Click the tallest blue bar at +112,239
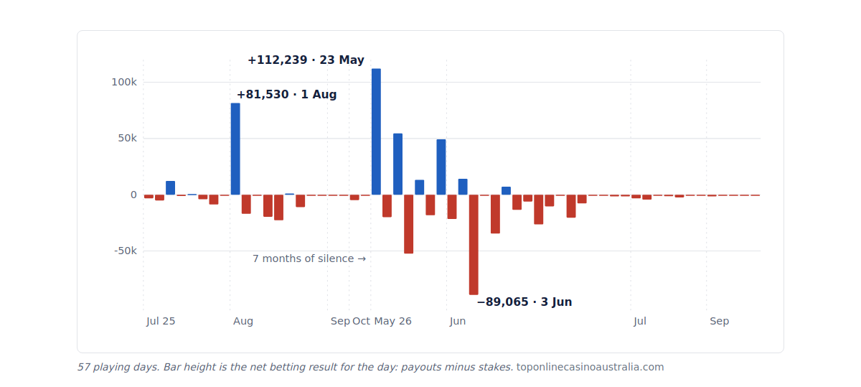pos(376,131)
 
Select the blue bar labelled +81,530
pos(235,149)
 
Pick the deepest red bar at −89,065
pos(474,245)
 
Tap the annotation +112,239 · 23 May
pos(306,60)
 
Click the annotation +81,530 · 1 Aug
pos(287,94)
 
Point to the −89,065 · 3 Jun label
pos(524,302)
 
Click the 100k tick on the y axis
pos(123,82)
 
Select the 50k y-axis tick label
pos(127,138)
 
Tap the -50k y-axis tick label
pos(126,251)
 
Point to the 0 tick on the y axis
pos(133,195)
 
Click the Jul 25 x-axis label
pos(161,321)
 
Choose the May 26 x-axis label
pos(393,321)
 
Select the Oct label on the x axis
pos(362,321)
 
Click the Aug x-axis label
pos(243,321)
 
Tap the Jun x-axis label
pos(458,321)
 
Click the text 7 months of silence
pos(304,258)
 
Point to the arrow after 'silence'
pos(362,259)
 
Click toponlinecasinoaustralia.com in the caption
pos(590,367)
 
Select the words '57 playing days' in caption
pos(118,367)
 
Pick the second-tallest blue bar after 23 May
pos(397,164)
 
